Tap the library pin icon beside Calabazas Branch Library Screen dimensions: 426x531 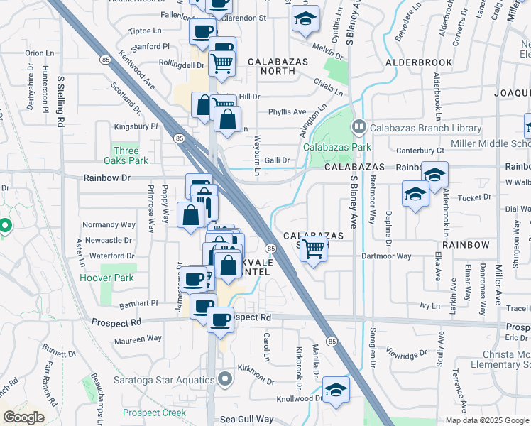pos(359,128)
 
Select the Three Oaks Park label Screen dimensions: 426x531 pos(126,155)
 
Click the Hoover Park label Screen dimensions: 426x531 pos(106,278)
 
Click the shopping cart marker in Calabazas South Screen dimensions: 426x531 pos(313,249)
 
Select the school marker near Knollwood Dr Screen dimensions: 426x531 pos(336,390)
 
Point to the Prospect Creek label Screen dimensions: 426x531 pos(154,413)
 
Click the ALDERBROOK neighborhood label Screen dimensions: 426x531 pos(419,62)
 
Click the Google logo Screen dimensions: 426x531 pos(23,417)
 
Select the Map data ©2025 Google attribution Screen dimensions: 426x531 pos(488,420)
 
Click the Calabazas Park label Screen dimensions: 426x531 pos(337,147)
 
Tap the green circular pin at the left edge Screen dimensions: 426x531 pos(5,226)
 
